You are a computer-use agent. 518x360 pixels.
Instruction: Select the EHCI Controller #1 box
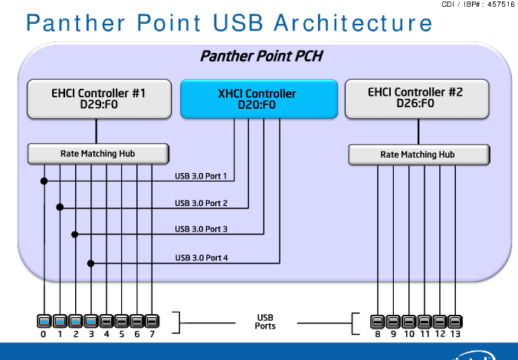click(98, 98)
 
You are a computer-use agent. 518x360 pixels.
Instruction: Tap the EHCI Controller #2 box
click(417, 98)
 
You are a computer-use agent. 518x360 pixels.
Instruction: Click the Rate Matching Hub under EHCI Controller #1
click(98, 154)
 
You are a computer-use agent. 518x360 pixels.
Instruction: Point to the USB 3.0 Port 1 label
click(202, 177)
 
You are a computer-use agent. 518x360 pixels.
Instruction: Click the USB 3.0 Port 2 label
click(202, 203)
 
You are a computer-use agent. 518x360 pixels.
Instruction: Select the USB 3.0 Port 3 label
click(202, 229)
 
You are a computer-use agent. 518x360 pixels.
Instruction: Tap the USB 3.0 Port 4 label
click(202, 257)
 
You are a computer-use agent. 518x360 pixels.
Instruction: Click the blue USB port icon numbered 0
click(44, 321)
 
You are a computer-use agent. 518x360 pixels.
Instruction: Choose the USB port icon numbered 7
click(152, 321)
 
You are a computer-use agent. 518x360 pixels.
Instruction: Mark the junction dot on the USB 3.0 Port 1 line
click(44, 182)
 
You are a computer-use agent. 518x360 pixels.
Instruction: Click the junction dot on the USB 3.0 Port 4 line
click(91, 263)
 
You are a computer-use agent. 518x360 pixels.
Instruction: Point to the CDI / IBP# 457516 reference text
click(478, 5)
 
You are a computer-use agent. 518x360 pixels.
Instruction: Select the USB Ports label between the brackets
click(265, 322)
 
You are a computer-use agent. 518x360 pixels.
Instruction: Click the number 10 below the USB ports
click(408, 335)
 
